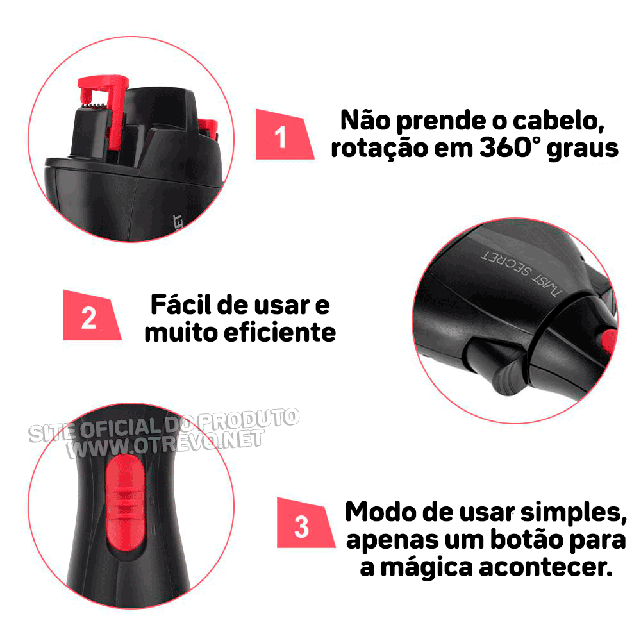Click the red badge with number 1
tap(283, 135)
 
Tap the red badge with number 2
tap(90, 316)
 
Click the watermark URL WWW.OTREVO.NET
tap(165, 444)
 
